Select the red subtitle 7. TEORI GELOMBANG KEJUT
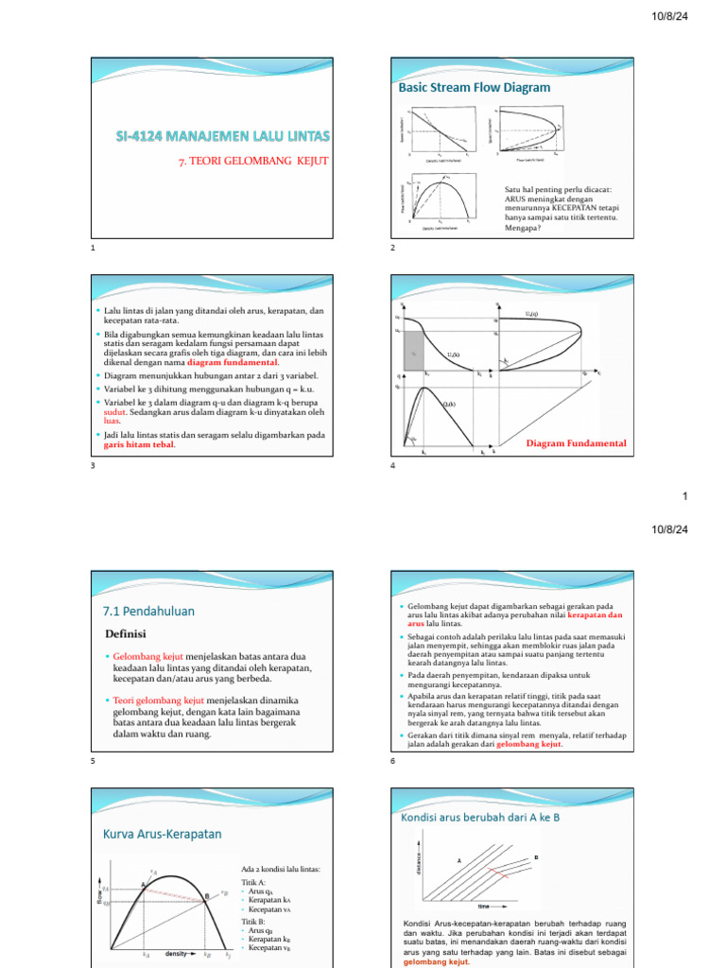pyautogui.click(x=253, y=162)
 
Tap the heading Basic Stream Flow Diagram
pyautogui.click(x=476, y=88)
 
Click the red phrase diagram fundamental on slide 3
pyautogui.click(x=233, y=362)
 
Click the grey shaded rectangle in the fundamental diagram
pyautogui.click(x=414, y=354)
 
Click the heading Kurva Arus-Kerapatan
pyautogui.click(x=162, y=833)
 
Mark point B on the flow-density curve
pyautogui.click(x=206, y=896)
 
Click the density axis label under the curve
pyautogui.click(x=178, y=954)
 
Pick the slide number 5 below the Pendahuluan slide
pyautogui.click(x=94, y=762)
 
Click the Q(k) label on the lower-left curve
pyautogui.click(x=449, y=405)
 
